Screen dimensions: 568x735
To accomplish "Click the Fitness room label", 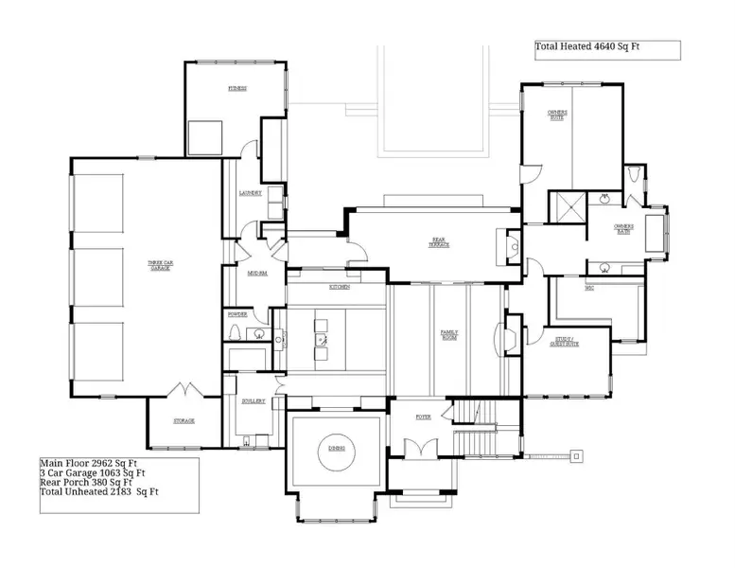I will coord(236,89).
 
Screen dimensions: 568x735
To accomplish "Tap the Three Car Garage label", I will coord(159,266).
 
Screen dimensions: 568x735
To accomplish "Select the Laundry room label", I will coord(250,192).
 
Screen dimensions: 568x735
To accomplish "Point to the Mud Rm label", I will coord(256,274).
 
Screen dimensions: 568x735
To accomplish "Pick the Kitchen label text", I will coord(340,287).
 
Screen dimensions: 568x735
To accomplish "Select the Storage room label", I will coord(184,420).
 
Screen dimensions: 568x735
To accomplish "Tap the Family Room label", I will coord(449,334).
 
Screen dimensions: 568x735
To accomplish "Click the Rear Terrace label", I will coord(440,242).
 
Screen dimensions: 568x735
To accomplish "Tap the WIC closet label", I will coord(589,288).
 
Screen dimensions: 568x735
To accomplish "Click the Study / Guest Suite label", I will coord(565,342).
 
